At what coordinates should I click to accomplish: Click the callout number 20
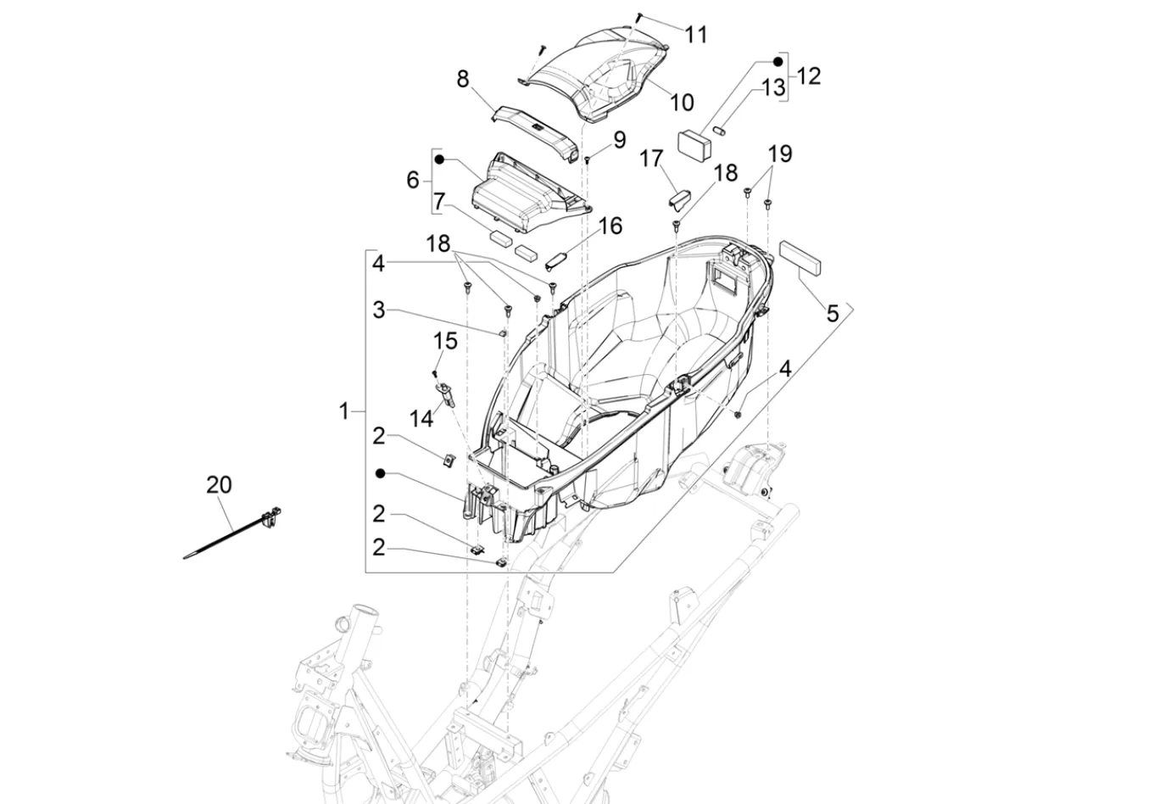tap(219, 485)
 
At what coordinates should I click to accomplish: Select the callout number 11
tap(696, 35)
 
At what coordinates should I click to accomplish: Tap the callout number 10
tap(682, 103)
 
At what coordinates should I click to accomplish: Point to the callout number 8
tap(462, 79)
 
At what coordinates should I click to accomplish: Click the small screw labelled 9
tap(588, 159)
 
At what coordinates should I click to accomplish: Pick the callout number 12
tap(808, 76)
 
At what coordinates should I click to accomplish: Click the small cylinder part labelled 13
tap(718, 130)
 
